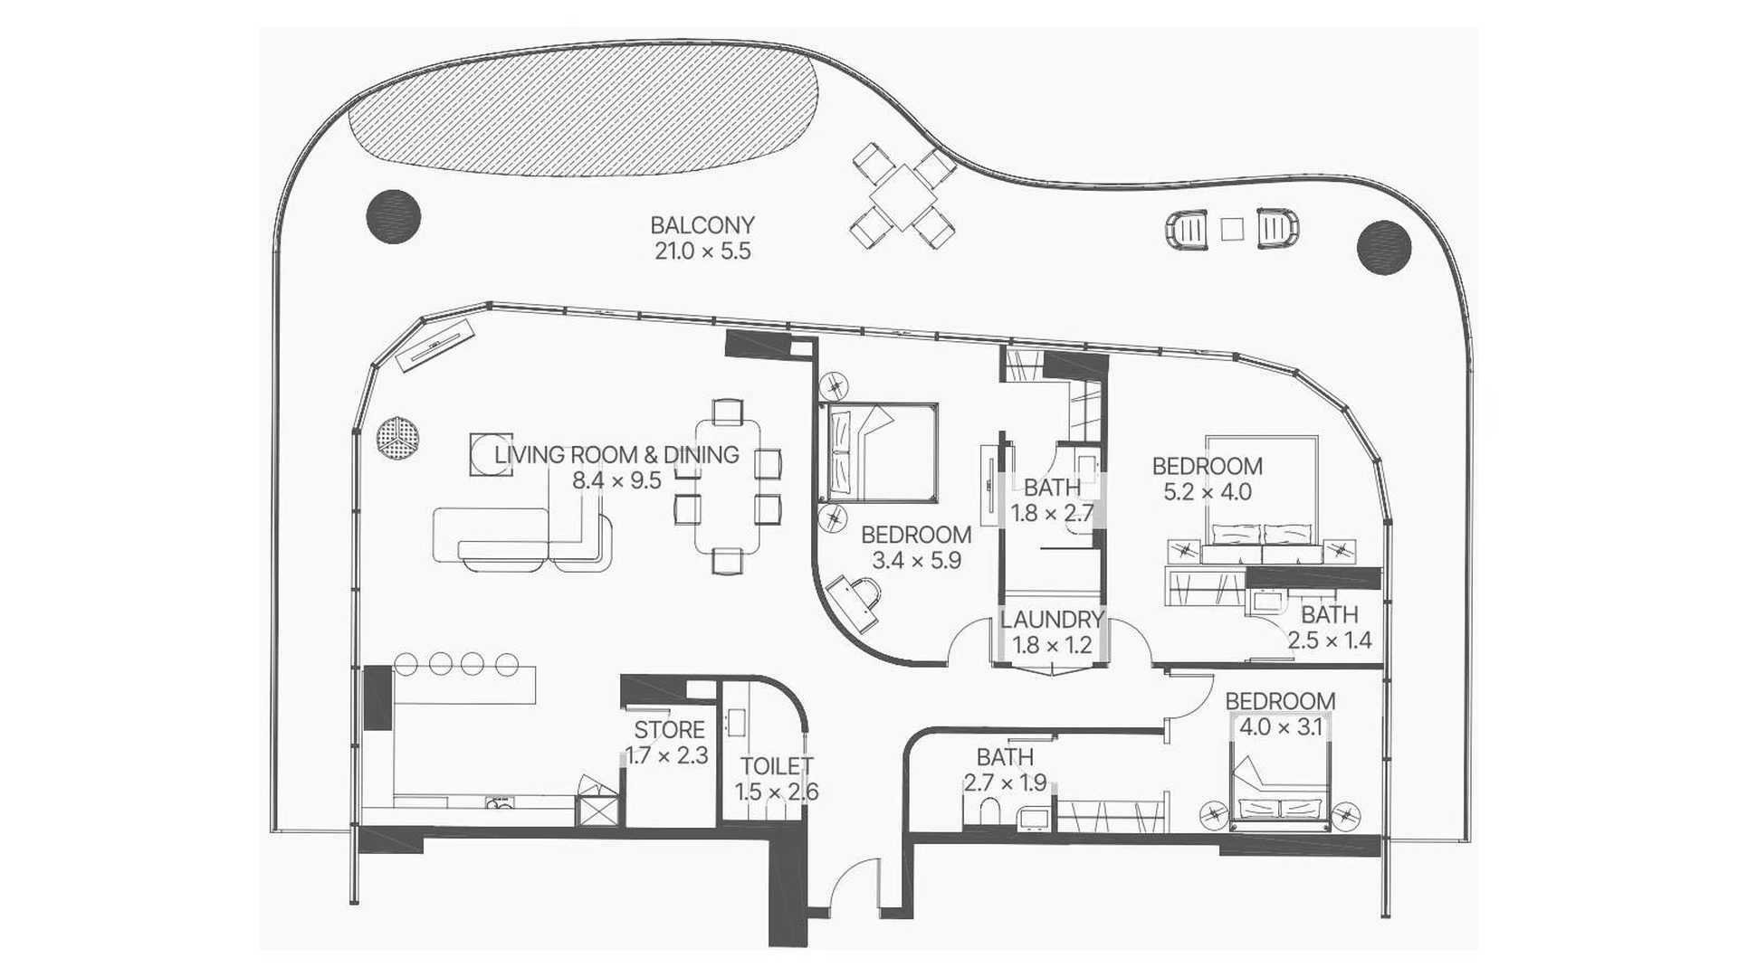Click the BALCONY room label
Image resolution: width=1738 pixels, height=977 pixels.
pos(702,225)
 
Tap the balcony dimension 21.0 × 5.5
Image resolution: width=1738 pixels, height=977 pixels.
pos(702,251)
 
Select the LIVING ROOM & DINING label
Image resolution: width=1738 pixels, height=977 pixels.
pos(616,455)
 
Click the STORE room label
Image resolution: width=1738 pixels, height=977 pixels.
pos(669,730)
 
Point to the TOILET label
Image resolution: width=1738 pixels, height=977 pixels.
pos(777,767)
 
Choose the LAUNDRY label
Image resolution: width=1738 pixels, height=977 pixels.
pos(1052,620)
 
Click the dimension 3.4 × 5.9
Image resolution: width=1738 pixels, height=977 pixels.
pos(916,561)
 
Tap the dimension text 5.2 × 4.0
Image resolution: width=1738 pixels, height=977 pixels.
pos(1207,492)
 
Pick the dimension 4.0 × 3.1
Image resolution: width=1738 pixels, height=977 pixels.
pos(1281,727)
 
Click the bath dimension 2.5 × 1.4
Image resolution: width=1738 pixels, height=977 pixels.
pos(1330,640)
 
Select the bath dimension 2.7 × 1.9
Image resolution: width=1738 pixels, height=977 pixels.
pos(1005,783)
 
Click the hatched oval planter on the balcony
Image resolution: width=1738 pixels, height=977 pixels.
pos(584,109)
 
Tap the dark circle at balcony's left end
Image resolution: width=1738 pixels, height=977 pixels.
pos(394,216)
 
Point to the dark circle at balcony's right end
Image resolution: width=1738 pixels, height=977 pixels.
pos(1384,247)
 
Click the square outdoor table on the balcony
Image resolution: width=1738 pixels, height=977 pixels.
pos(902,196)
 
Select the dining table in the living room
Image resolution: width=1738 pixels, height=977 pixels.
pos(728,486)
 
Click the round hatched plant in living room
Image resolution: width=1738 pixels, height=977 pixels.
pos(397,439)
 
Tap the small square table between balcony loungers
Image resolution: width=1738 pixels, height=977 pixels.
pos(1232,229)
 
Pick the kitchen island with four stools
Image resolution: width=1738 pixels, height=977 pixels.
pos(464,685)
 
